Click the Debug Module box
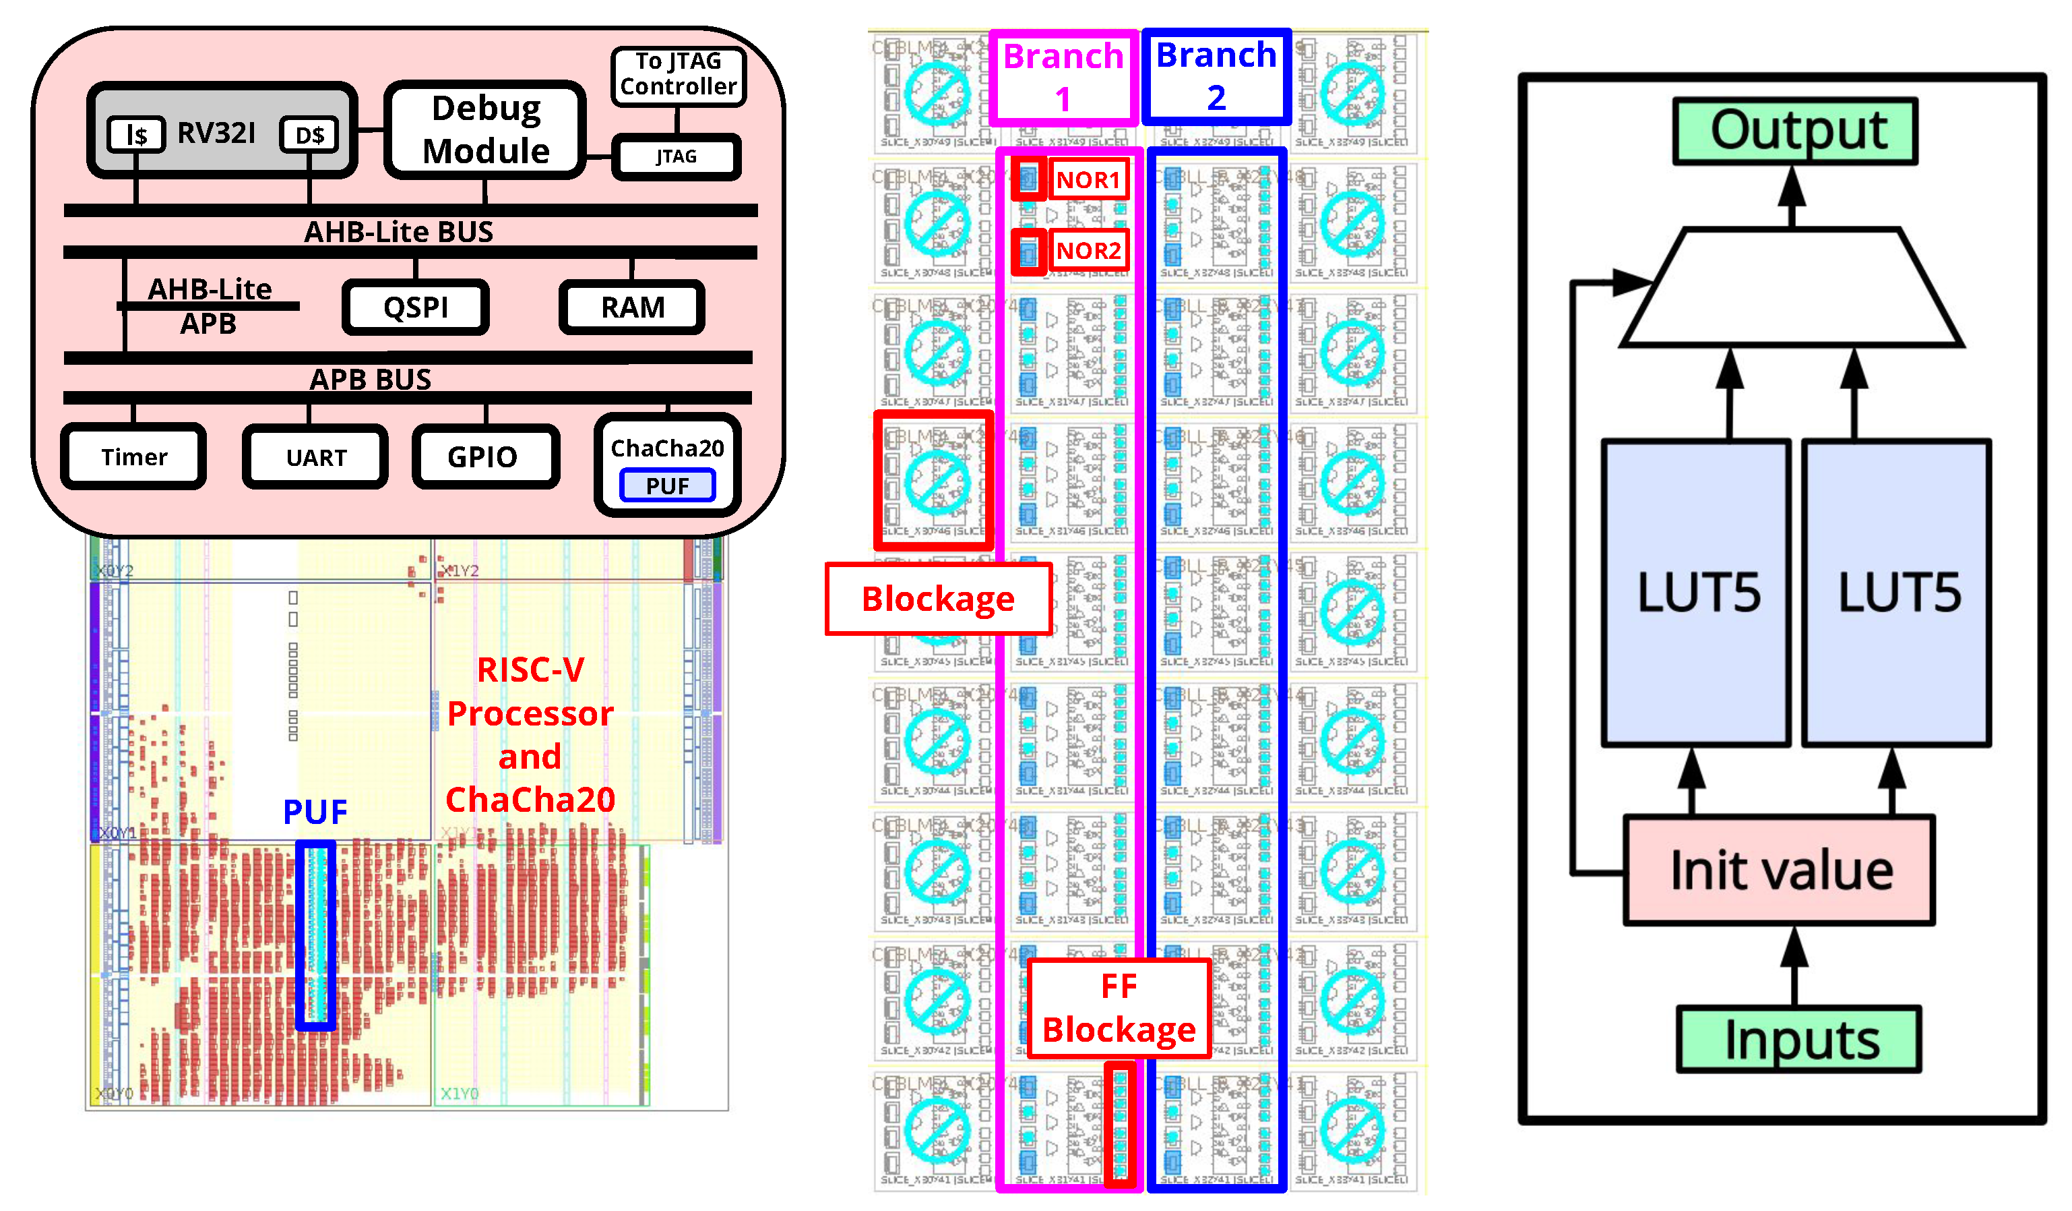[x=485, y=130]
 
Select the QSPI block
[x=416, y=307]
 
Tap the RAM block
[x=632, y=307]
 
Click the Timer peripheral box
[x=134, y=456]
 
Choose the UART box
[x=316, y=457]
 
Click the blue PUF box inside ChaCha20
[x=667, y=485]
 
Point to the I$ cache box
[x=137, y=134]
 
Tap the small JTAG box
[x=676, y=156]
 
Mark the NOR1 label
[x=1088, y=180]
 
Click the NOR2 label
[x=1088, y=251]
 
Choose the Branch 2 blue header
[x=1216, y=76]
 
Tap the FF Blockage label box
[x=1119, y=1008]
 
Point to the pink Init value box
[x=1780, y=870]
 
